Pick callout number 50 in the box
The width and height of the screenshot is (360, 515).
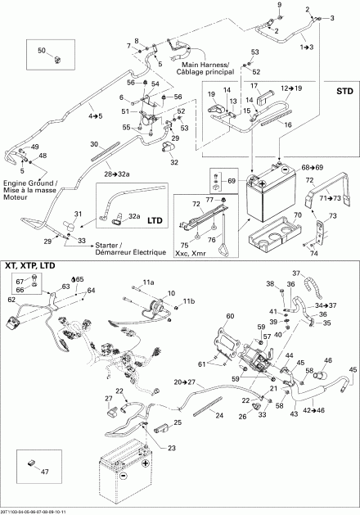[x=43, y=51]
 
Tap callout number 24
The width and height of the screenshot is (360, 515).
[x=219, y=415]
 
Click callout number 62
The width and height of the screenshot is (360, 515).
[x=11, y=323]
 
